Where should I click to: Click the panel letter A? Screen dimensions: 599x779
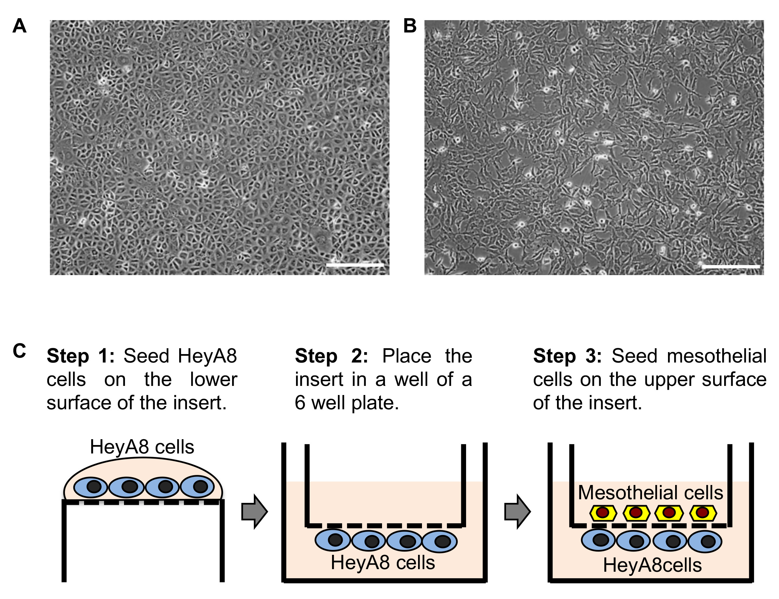click(19, 26)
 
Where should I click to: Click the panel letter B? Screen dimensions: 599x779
click(410, 26)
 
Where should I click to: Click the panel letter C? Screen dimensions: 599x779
click(19, 351)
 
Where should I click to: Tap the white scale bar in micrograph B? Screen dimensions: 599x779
click(731, 266)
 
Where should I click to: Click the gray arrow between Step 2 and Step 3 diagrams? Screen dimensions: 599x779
click(517, 512)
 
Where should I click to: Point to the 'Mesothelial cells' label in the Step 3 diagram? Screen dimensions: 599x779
click(650, 493)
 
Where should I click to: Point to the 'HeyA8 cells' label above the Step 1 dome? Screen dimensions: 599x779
click(142, 447)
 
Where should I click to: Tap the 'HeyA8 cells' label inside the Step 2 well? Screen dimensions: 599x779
click(383, 563)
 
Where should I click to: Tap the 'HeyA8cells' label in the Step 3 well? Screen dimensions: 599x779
click(652, 565)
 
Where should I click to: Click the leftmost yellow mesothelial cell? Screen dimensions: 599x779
click(603, 513)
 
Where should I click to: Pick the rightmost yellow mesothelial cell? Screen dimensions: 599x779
click(703, 513)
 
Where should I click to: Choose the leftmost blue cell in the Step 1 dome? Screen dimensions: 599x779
click(91, 487)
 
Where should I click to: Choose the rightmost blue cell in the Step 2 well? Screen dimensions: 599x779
click(440, 541)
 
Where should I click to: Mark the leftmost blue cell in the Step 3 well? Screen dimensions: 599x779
click(598, 540)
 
